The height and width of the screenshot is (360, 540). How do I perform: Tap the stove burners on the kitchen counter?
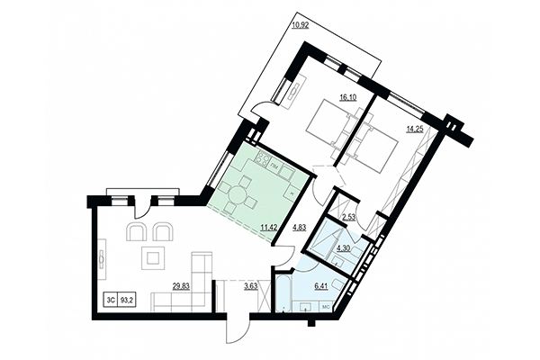point(264,161)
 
